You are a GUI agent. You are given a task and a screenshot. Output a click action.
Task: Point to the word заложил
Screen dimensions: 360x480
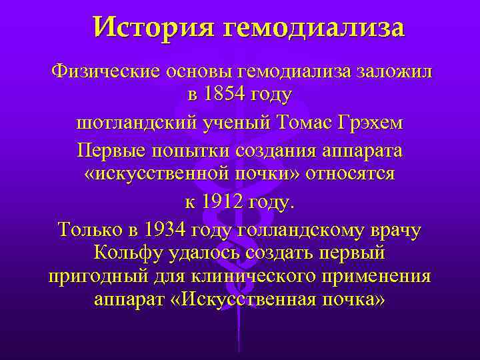click(x=394, y=72)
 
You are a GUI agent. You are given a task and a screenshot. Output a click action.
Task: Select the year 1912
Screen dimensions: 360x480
click(x=223, y=202)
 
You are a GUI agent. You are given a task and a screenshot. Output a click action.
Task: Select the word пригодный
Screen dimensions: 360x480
click(x=95, y=277)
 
